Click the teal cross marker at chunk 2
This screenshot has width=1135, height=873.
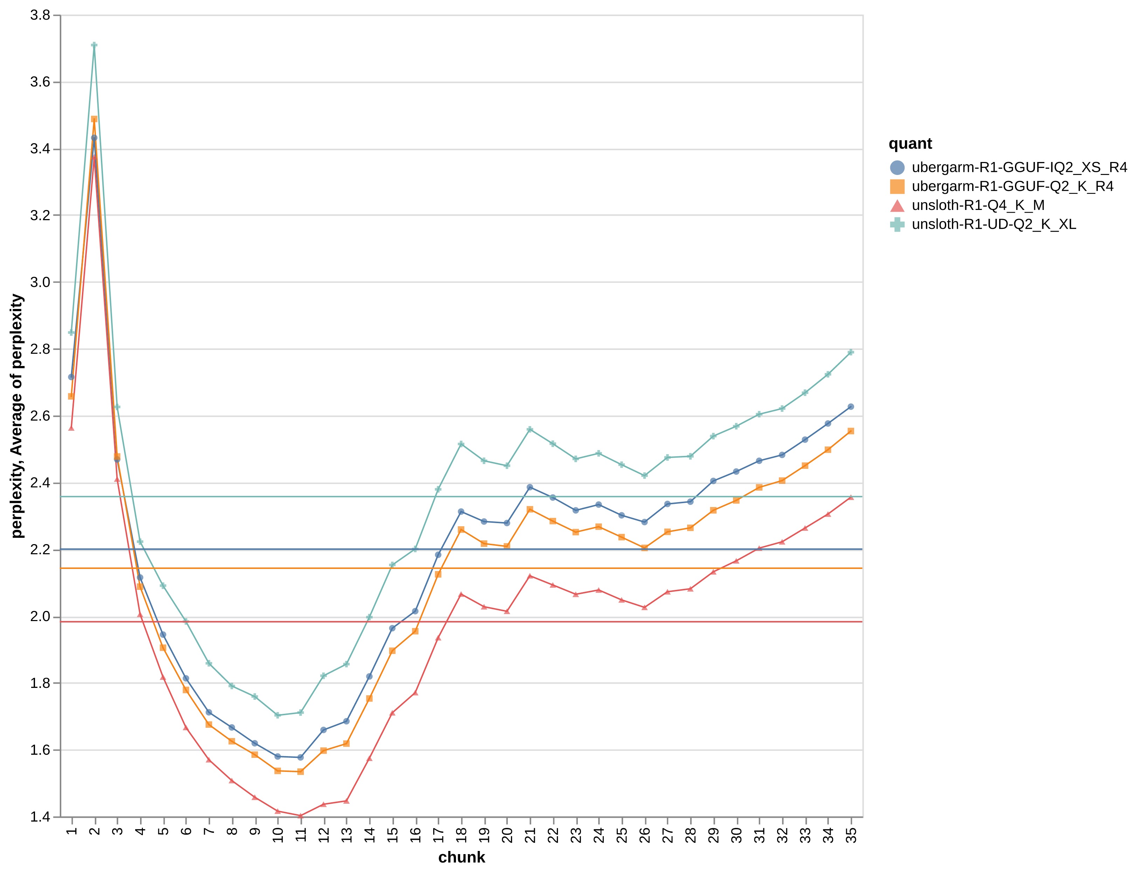94,45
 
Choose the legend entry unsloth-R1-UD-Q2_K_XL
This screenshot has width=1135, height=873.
993,224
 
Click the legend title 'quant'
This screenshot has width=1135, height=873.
910,144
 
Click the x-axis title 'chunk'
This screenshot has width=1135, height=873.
462,857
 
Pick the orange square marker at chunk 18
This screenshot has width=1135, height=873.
461,530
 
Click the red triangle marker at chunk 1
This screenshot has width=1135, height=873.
71,428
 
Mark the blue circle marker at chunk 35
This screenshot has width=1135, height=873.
851,407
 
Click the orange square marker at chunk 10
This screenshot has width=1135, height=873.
277,771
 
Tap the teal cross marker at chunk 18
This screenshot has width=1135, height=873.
461,444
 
